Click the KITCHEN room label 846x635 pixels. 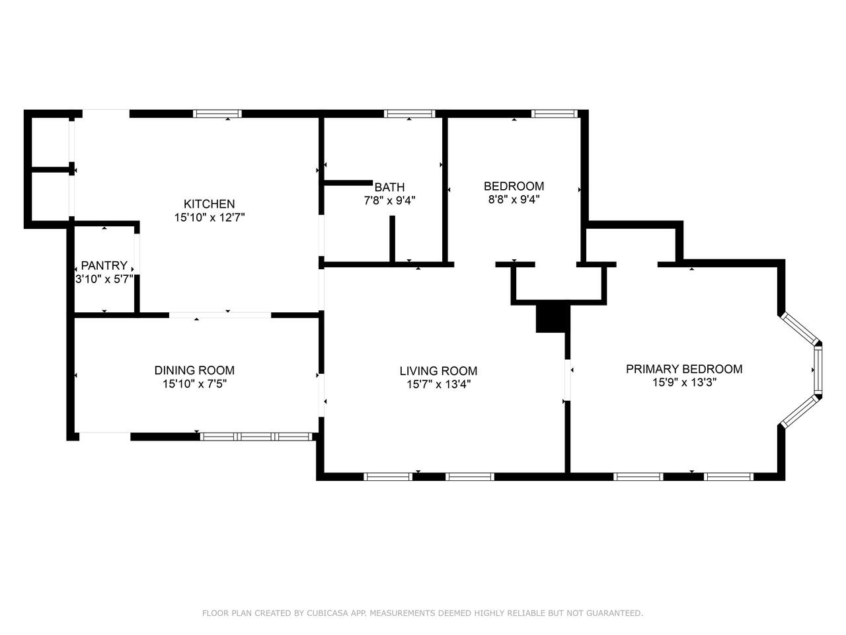point(209,204)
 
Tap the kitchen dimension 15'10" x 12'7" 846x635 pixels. point(210,218)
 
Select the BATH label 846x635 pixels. point(389,187)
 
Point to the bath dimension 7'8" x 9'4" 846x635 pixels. point(389,200)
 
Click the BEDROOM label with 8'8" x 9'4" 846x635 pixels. point(514,187)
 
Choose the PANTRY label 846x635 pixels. point(104,265)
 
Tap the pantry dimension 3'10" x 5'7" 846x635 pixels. point(104,278)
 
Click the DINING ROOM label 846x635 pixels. point(194,370)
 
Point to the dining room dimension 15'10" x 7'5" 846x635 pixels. point(194,384)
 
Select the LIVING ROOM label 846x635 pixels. point(438,371)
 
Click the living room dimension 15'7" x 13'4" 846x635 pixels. point(439,384)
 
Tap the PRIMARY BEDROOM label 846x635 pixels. point(683,369)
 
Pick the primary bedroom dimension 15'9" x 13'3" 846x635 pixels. point(684,382)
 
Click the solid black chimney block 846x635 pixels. point(553,316)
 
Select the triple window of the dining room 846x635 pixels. point(256,437)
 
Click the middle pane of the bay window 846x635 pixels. point(817,370)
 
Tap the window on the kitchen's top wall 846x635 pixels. point(217,114)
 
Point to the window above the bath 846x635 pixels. point(409,114)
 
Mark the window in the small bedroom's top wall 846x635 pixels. point(554,114)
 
